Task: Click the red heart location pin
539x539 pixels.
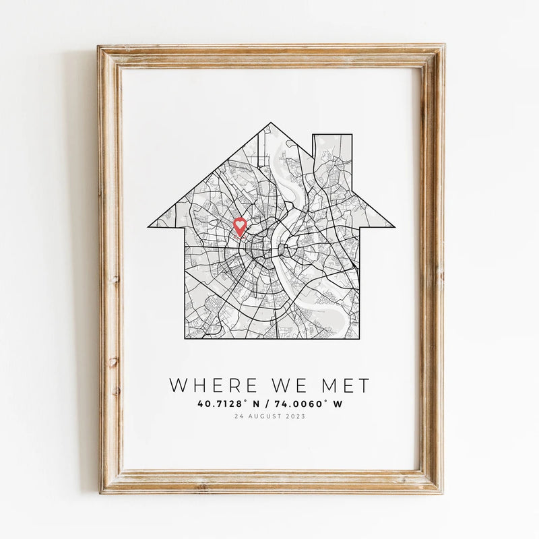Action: click(x=240, y=226)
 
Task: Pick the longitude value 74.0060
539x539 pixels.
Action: click(x=307, y=404)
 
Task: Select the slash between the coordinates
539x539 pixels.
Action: click(x=268, y=404)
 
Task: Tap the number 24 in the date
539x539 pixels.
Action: click(x=237, y=416)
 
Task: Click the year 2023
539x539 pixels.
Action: click(x=295, y=416)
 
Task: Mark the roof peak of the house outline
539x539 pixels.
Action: click(x=271, y=123)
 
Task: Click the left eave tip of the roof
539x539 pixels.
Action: click(x=149, y=226)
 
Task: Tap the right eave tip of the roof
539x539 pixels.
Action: click(x=393, y=226)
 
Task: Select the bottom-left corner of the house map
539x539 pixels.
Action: click(x=184, y=338)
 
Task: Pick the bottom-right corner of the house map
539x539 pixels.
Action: click(x=358, y=338)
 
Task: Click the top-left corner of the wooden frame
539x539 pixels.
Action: click(x=99, y=47)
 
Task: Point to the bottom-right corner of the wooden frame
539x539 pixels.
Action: click(x=442, y=492)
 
